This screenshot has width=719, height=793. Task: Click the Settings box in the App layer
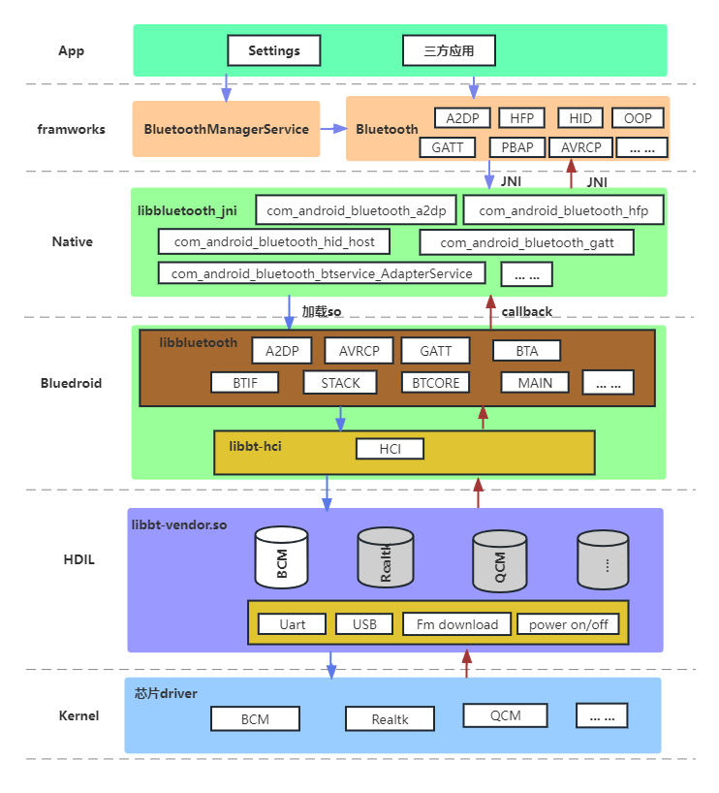point(274,50)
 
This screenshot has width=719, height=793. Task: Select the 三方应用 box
point(449,50)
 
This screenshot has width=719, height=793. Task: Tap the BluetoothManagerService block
point(226,129)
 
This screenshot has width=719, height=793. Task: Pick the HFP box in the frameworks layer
point(521,118)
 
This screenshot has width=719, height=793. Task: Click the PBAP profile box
point(517,147)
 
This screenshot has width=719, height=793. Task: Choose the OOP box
point(638,118)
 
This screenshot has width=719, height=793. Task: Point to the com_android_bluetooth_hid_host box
point(274,241)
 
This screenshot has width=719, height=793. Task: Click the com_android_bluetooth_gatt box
point(527,242)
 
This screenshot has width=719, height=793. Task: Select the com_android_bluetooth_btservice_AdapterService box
point(322,273)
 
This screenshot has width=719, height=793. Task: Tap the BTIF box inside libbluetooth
point(245,383)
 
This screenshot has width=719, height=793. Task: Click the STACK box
point(340,383)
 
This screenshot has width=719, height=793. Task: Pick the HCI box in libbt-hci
point(390,449)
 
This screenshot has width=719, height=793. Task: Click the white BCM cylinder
point(282,557)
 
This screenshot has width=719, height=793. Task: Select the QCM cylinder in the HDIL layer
point(500,561)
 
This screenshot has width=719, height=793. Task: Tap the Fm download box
point(457,624)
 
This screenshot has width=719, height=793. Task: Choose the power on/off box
point(569,624)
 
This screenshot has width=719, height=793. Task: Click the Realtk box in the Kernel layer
point(390,719)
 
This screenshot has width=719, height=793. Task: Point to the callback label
point(527,311)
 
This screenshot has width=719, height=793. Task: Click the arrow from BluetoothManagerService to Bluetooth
point(333,129)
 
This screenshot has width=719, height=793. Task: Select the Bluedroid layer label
point(72,383)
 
